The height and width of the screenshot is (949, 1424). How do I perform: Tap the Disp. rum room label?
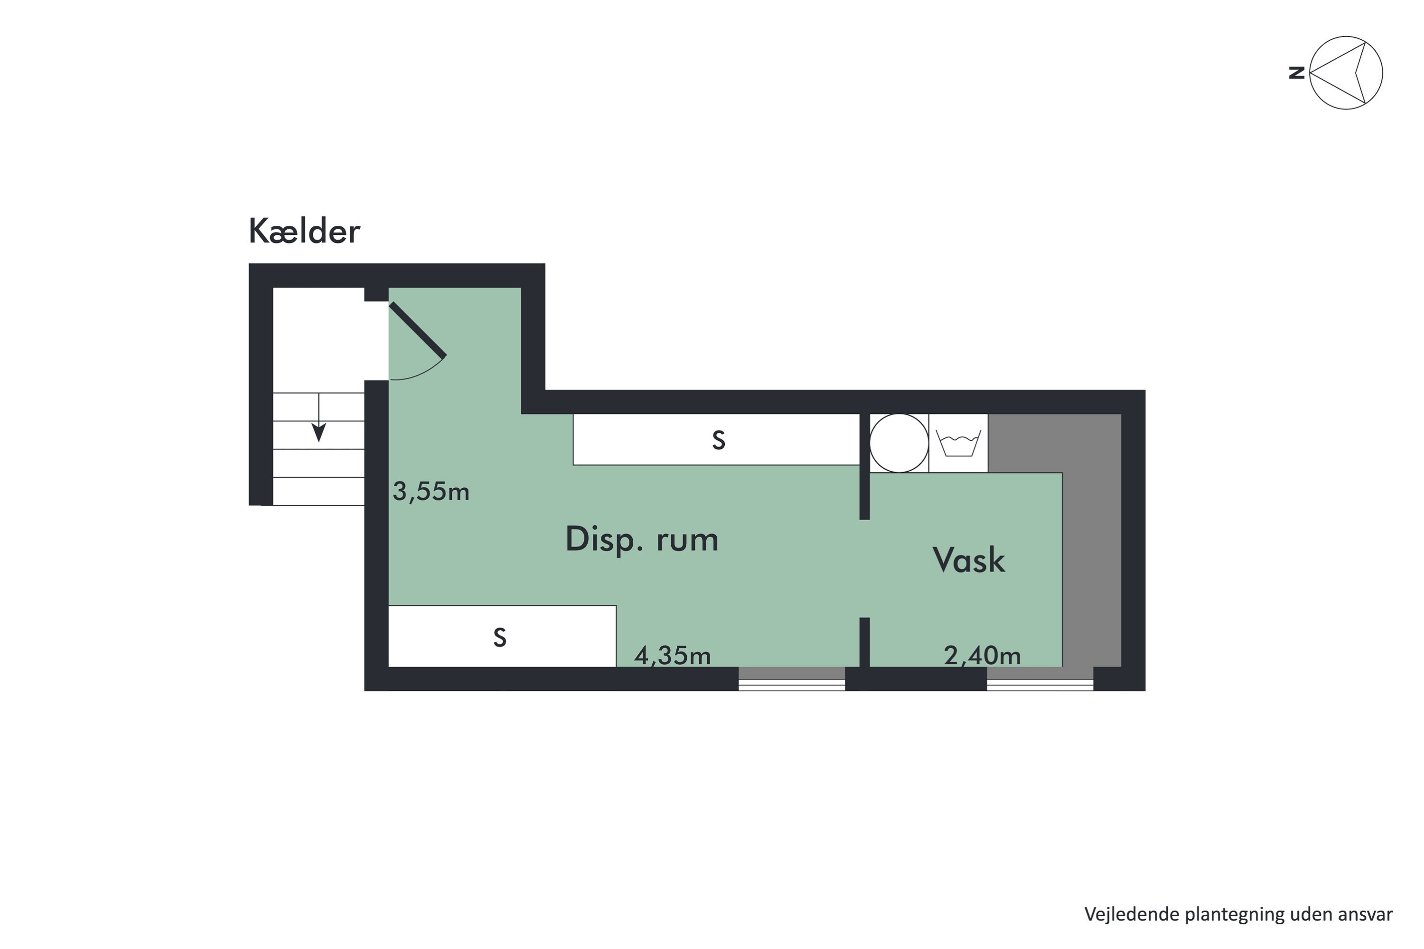pos(641,539)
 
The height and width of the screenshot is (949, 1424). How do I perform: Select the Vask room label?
pos(968,560)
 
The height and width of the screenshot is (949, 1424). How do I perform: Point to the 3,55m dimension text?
pos(431,492)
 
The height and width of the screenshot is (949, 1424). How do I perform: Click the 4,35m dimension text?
pos(672,655)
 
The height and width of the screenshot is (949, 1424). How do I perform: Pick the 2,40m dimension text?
pos(982,655)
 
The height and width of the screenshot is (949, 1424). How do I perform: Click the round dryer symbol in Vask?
pos(899,443)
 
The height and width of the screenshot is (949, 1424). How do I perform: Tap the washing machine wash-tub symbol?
pos(958,443)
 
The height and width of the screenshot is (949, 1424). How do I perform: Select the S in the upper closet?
pos(718,441)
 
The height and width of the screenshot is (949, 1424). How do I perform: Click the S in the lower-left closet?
pos(499,638)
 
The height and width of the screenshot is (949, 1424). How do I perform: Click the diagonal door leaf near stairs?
pos(418,330)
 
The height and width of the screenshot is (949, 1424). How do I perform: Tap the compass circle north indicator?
pos(1345,73)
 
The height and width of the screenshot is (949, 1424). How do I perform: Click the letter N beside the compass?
pos(1296,73)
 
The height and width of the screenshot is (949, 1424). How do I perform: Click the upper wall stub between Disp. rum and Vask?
pos(864,466)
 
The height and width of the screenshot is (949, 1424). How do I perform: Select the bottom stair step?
pos(319,492)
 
